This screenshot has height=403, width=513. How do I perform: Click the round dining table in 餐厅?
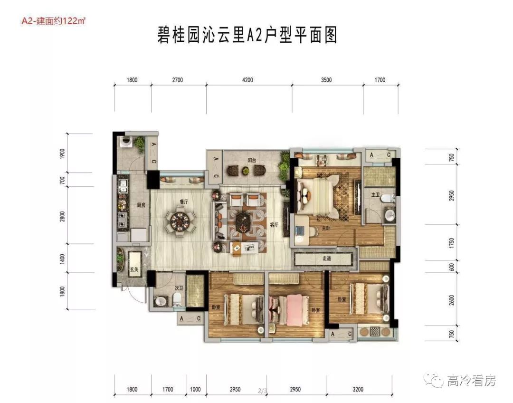pyautogui.click(x=181, y=222)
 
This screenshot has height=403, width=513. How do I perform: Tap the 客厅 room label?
pyautogui.click(x=274, y=225)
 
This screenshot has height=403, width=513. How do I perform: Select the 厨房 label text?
pyautogui.click(x=141, y=205)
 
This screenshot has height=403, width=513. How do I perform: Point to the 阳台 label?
pyautogui.click(x=251, y=161)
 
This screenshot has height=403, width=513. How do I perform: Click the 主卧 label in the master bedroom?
pyautogui.click(x=326, y=228)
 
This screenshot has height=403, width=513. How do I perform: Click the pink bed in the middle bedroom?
pyautogui.click(x=290, y=308)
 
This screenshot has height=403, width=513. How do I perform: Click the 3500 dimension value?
pyautogui.click(x=326, y=80)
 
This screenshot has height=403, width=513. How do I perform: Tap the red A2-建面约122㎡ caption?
pyautogui.click(x=53, y=21)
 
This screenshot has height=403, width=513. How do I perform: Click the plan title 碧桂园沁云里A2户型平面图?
pyautogui.click(x=247, y=35)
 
